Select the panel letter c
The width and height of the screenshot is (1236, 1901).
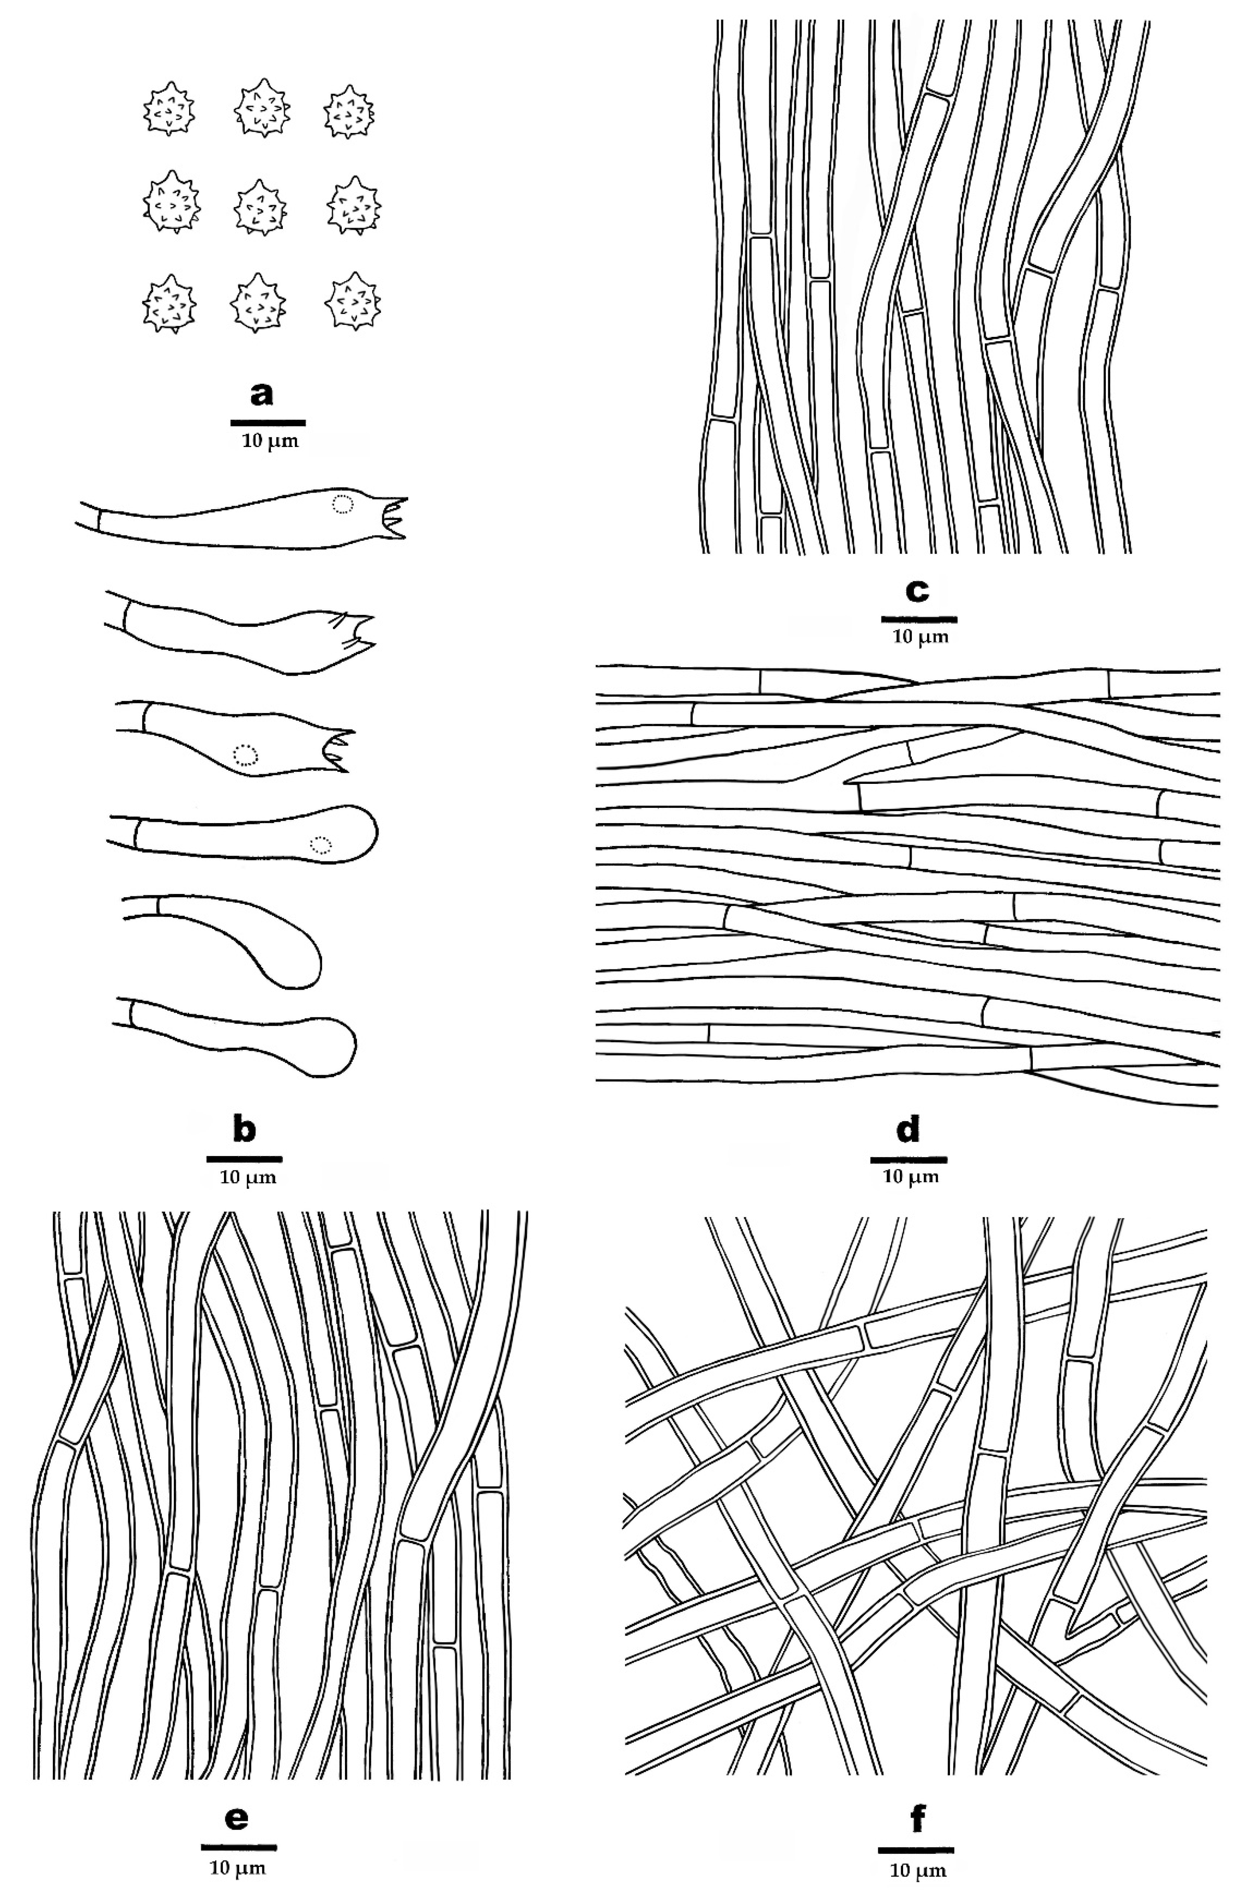pyautogui.click(x=916, y=591)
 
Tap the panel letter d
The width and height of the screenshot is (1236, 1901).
pyautogui.click(x=908, y=1130)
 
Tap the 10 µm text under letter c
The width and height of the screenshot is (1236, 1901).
pyautogui.click(x=919, y=636)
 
